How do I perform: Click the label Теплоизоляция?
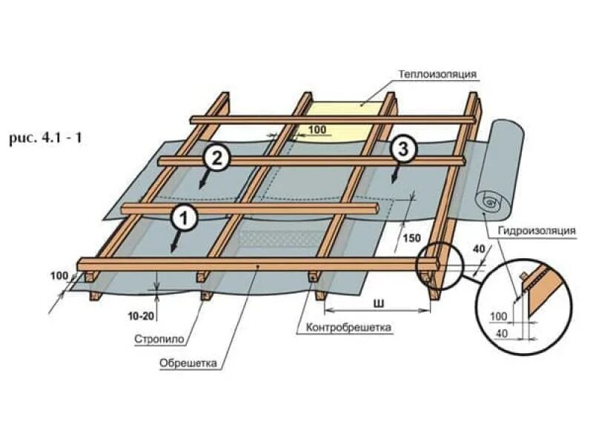click(437, 74)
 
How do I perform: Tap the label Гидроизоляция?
click(537, 231)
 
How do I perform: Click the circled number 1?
click(184, 217)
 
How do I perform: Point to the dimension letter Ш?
click(380, 302)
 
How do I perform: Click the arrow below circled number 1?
click(175, 243)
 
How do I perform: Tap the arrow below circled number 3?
click(394, 175)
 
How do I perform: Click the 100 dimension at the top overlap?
click(317, 131)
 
